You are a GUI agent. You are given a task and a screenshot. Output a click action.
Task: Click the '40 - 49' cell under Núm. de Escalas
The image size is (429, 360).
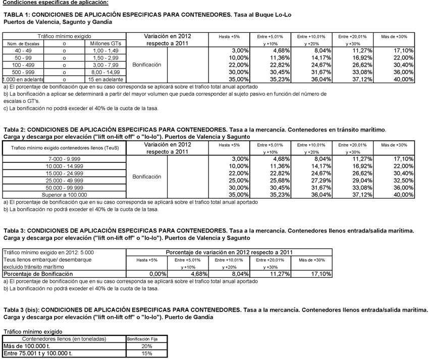click(22, 51)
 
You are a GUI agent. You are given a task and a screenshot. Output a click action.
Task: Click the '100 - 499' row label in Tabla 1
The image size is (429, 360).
click(22, 65)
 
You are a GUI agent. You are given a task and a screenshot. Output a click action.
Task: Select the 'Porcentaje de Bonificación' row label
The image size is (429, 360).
click(38, 274)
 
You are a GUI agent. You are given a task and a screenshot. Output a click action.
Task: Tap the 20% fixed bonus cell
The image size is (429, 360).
click(146, 346)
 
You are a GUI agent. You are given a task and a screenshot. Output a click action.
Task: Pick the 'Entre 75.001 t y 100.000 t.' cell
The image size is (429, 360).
click(38, 353)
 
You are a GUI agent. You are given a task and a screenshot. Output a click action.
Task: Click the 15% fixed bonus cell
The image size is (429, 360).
click(146, 353)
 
